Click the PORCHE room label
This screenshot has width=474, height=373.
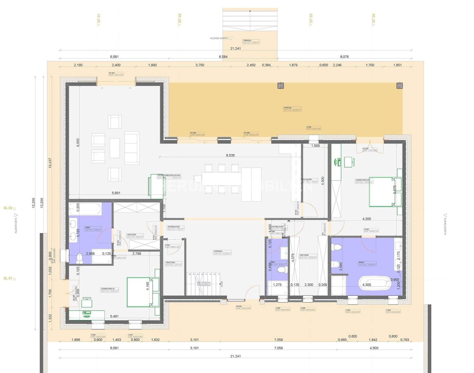(287, 108)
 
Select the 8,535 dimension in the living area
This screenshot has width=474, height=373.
(230, 155)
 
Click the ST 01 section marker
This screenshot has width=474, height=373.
(99, 19)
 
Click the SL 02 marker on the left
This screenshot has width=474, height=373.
(8, 208)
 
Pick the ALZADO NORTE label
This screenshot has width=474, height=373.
(219, 38)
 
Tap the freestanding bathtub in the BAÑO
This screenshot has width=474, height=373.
(375, 283)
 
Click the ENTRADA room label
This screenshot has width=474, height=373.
(218, 251)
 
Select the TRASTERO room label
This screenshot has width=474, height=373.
(170, 263)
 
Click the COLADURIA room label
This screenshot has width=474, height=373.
(307, 180)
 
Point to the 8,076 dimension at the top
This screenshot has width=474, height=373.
(344, 57)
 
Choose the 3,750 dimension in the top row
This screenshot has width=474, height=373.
(200, 65)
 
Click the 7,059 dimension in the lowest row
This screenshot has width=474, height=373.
(278, 348)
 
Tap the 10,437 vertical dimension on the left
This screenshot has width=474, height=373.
(50, 163)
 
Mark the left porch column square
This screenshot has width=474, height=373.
(281, 86)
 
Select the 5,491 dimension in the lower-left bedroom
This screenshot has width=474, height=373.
(114, 316)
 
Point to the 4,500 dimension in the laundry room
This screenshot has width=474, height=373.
(323, 181)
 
